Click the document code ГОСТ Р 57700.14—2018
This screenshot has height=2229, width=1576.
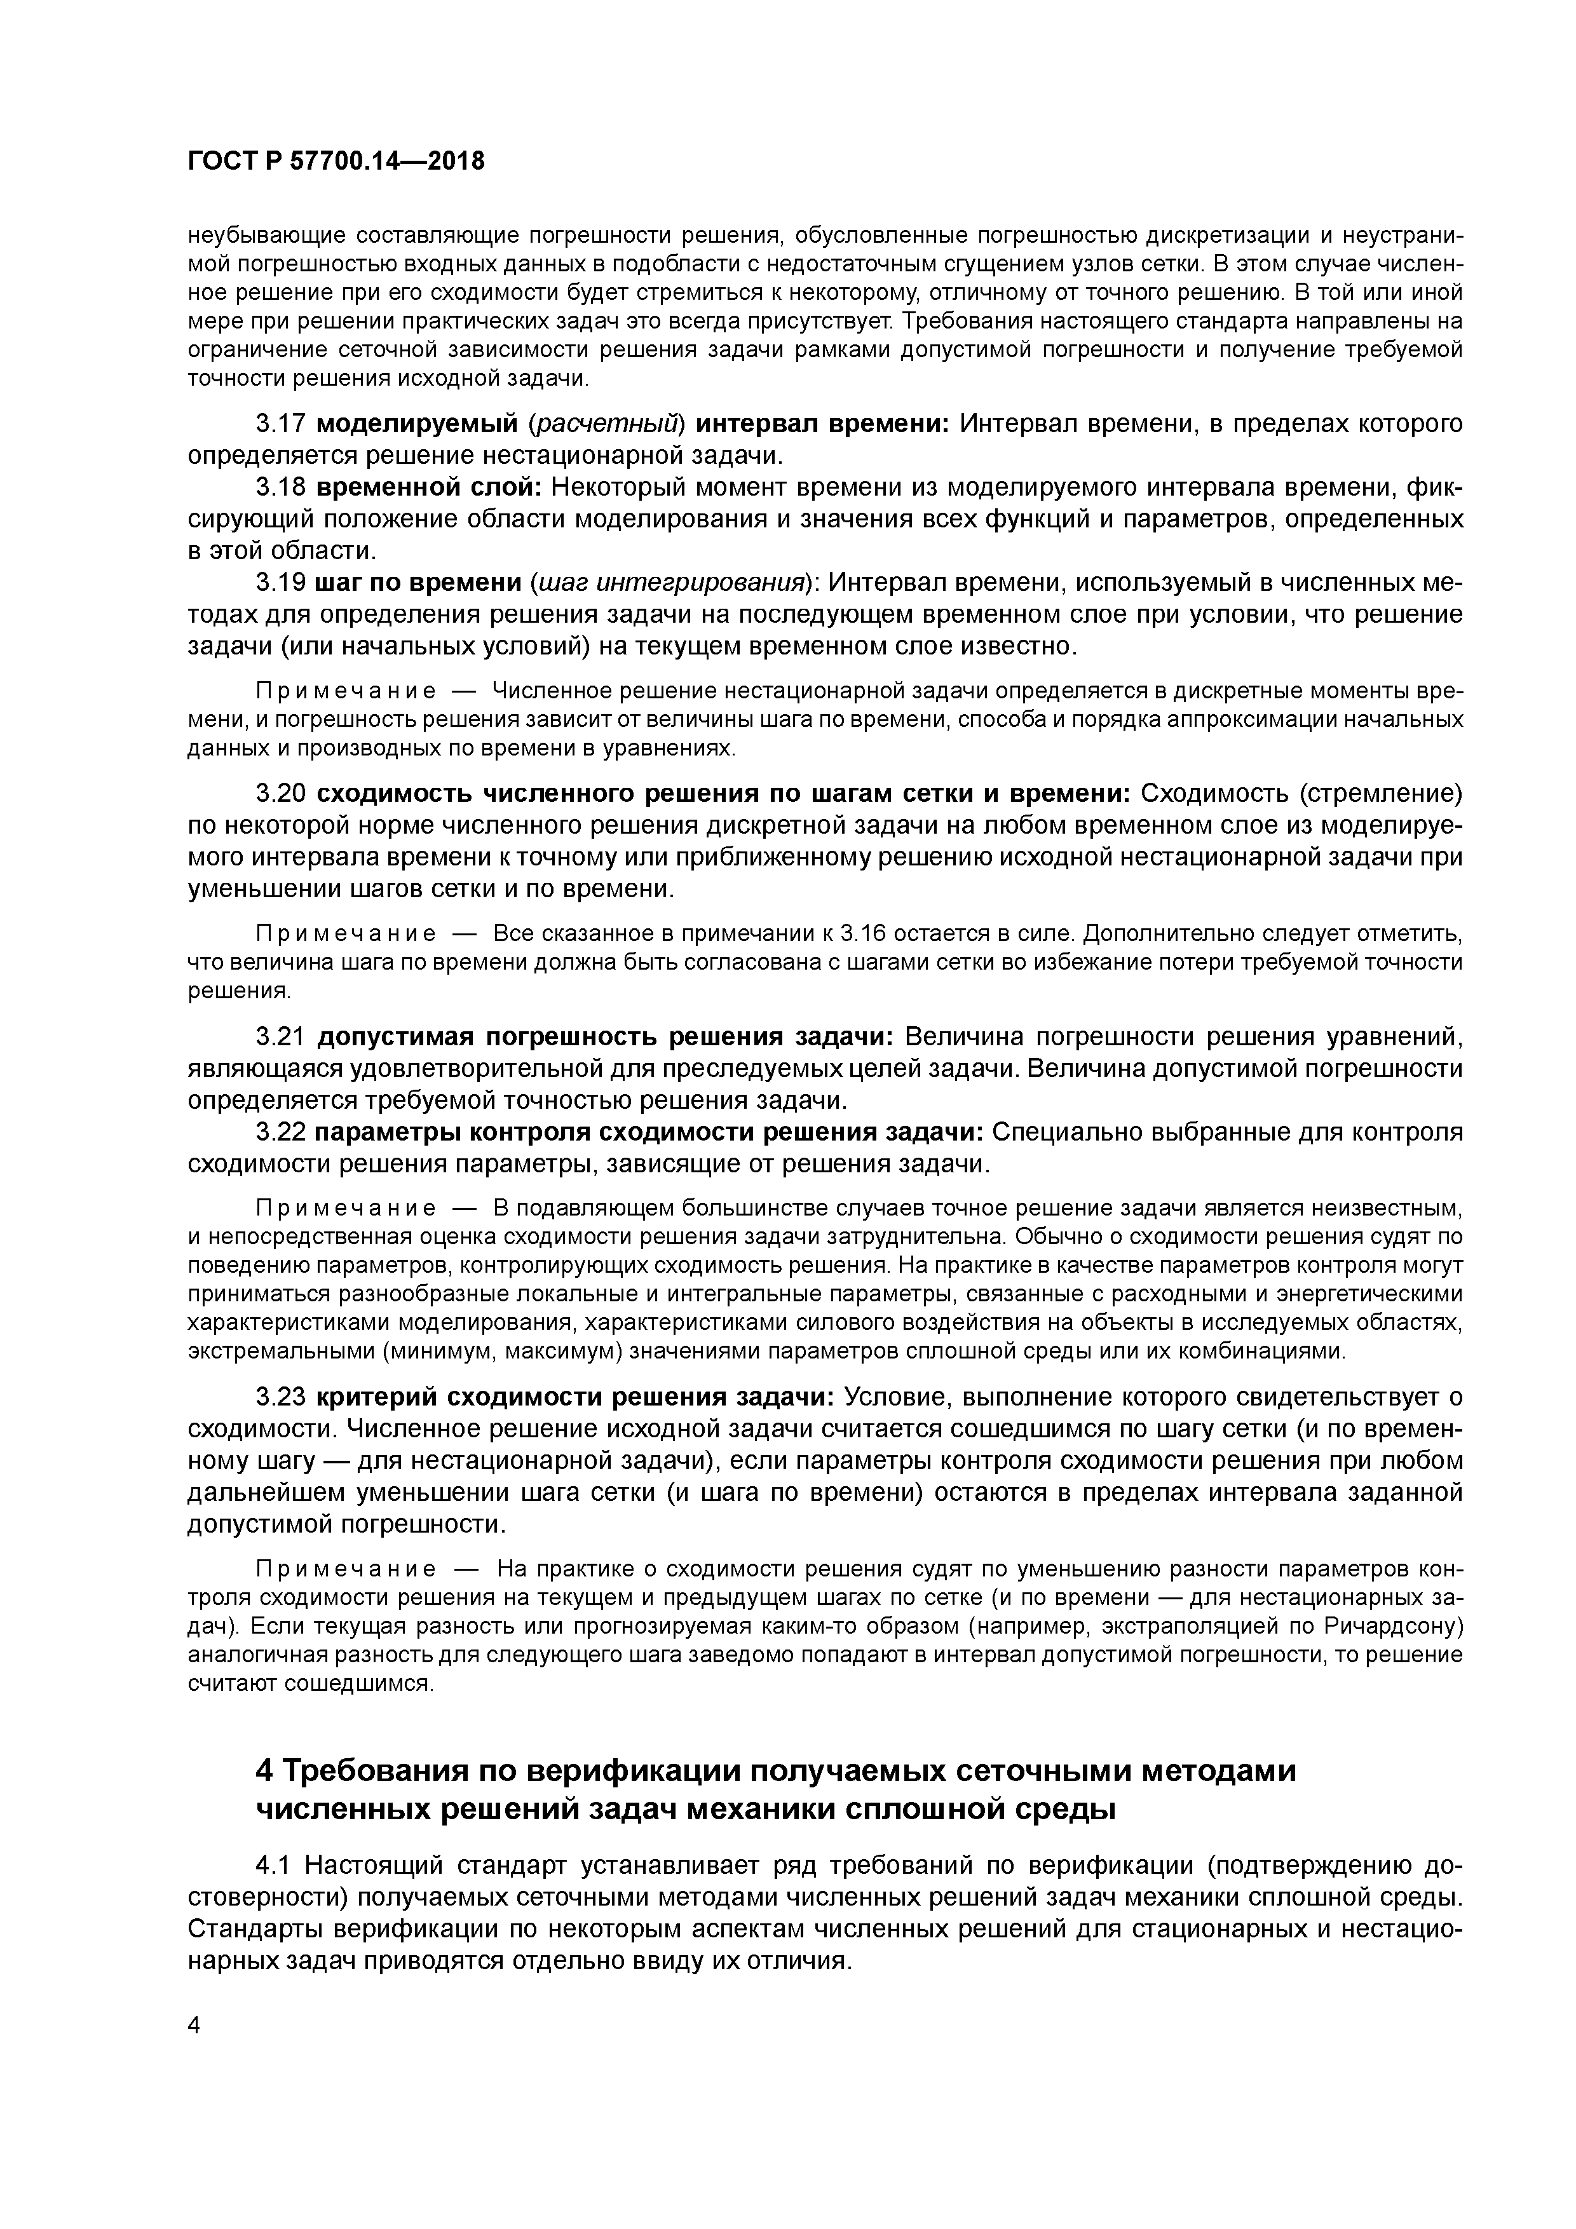(x=335, y=161)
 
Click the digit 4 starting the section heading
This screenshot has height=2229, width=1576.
(x=263, y=1772)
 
